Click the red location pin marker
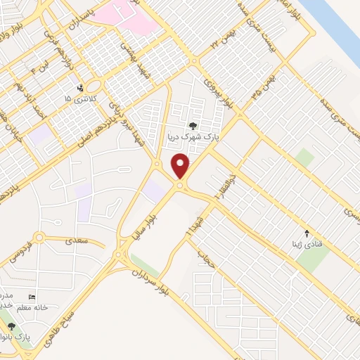[181, 167]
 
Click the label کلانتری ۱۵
[77, 99]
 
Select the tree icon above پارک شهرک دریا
[193, 126]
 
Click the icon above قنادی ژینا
[306, 233]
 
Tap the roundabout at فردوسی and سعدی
[39, 238]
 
